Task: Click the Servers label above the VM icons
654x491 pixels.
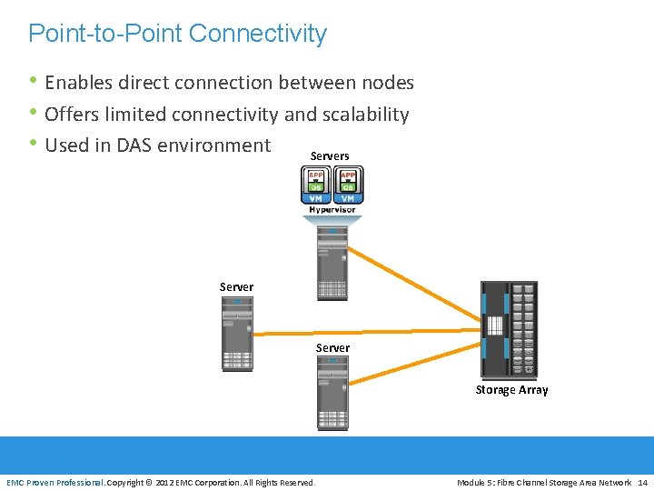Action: point(330,156)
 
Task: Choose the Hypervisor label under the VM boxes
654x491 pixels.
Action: point(332,210)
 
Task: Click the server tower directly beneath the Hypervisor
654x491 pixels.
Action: point(332,264)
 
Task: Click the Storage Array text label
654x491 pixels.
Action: point(511,390)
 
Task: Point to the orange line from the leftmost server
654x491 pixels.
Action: point(363,330)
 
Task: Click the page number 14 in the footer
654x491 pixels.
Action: point(643,482)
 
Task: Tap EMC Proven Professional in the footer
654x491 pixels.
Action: point(55,482)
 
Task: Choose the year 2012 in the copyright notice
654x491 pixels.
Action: point(166,482)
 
